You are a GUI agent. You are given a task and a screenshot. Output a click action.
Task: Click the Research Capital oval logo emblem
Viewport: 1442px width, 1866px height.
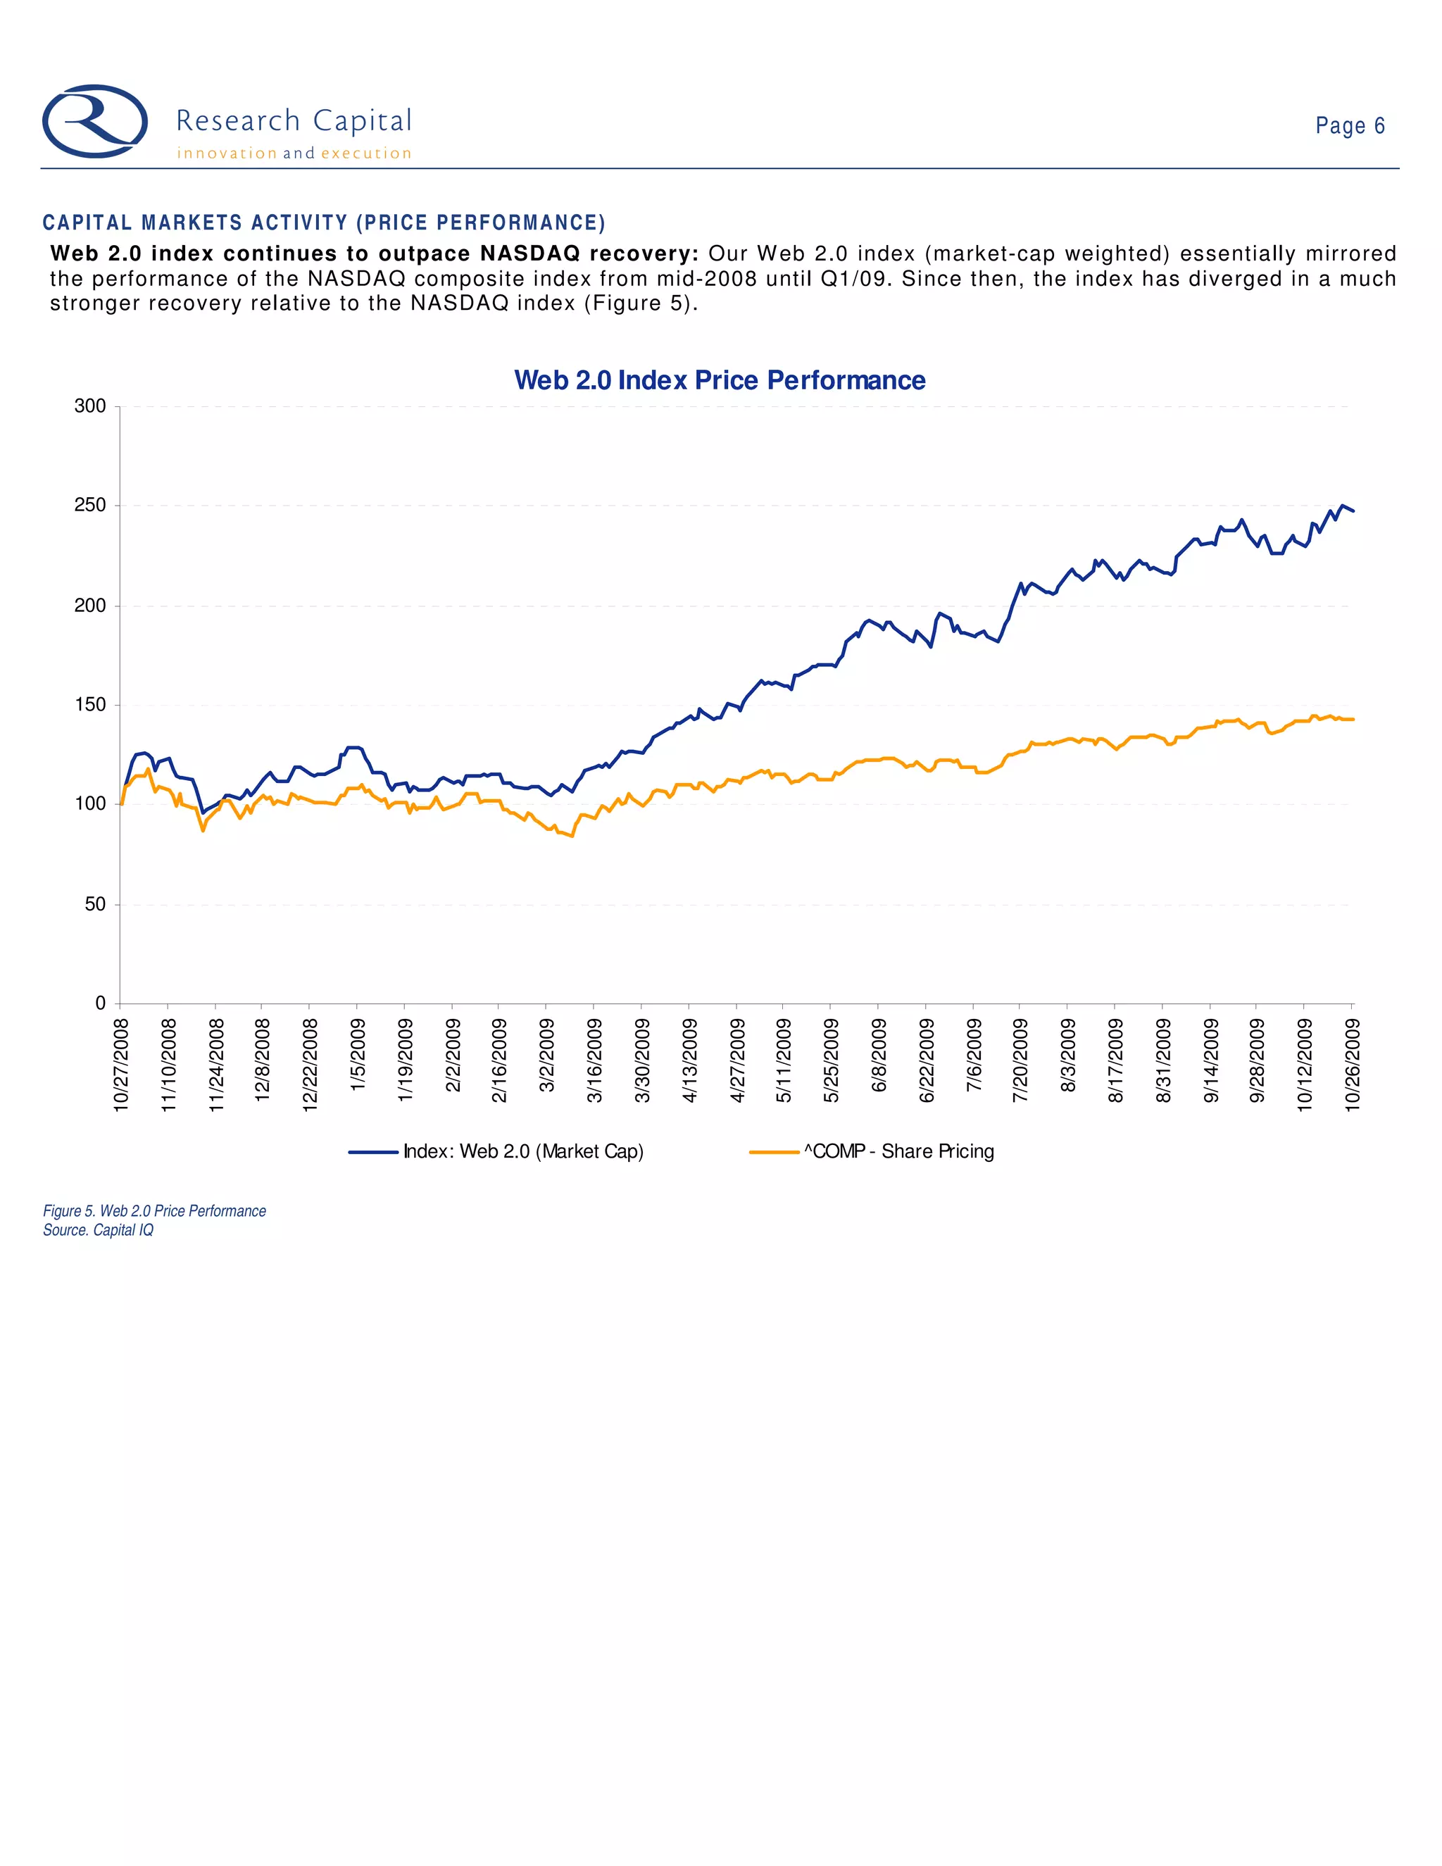click(x=95, y=121)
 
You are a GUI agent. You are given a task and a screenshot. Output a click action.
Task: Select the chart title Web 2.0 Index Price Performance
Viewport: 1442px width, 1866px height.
click(x=720, y=380)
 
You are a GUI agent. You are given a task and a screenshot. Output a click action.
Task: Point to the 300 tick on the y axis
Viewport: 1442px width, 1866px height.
click(x=91, y=407)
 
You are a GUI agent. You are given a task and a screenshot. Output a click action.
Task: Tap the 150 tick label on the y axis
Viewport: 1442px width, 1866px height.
click(x=91, y=705)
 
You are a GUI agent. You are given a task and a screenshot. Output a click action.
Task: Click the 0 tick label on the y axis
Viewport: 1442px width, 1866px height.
click(x=101, y=1003)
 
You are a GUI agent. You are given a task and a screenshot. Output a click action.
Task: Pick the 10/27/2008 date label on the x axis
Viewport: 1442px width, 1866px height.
click(x=121, y=1065)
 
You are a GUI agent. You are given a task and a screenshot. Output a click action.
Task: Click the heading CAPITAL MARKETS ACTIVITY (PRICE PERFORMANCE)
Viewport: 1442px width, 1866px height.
click(x=324, y=223)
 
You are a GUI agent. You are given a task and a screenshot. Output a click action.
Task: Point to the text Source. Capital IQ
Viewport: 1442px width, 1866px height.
click(x=99, y=1230)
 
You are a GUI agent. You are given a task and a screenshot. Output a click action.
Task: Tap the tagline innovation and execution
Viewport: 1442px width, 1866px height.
click(x=294, y=154)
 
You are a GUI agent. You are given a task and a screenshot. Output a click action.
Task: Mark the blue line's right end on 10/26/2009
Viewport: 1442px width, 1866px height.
click(x=1353, y=511)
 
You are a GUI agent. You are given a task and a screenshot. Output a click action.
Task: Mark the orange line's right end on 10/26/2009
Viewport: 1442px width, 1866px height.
click(x=1353, y=720)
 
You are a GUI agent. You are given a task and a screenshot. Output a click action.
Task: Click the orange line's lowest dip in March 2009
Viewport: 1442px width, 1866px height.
click(x=572, y=837)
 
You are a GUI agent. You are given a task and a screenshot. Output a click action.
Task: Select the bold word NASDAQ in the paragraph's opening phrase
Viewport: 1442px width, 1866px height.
click(x=529, y=253)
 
